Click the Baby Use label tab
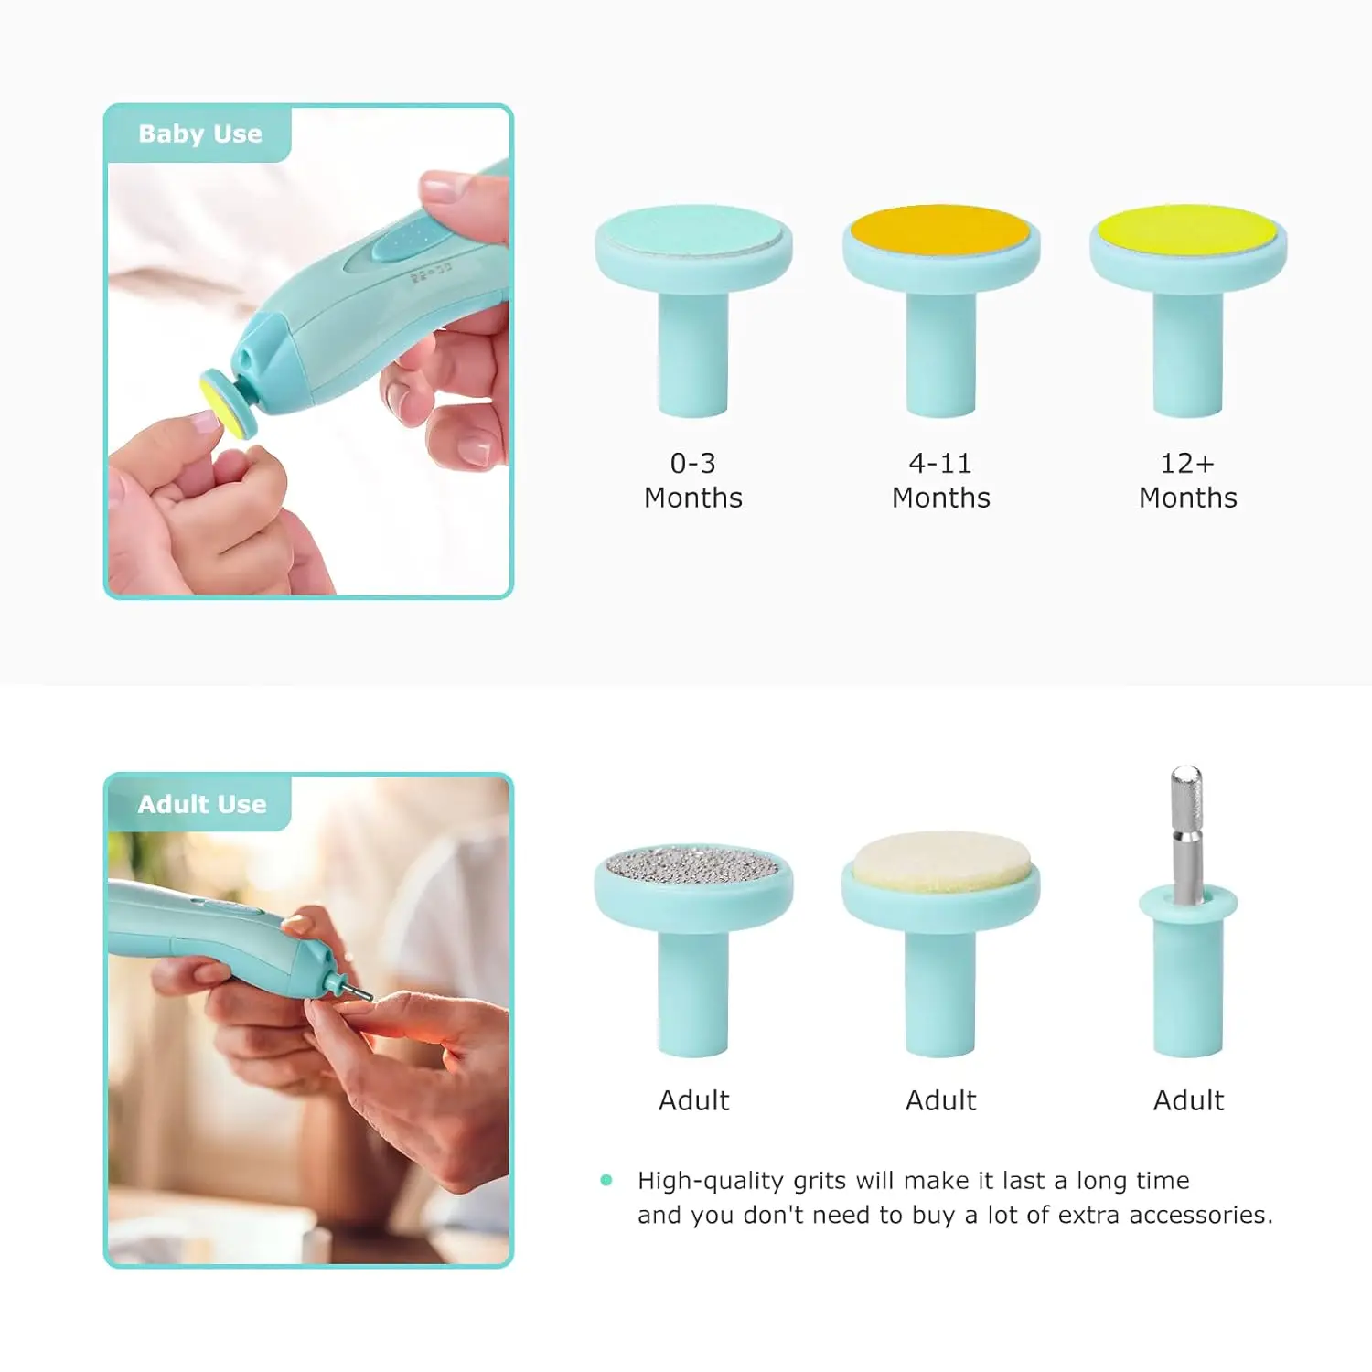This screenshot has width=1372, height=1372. [199, 134]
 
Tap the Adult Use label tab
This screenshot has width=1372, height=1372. [201, 804]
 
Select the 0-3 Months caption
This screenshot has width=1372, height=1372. [693, 480]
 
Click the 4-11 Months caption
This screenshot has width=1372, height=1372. [940, 480]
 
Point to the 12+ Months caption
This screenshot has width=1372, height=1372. [1187, 480]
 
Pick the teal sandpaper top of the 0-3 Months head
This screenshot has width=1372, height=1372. [693, 230]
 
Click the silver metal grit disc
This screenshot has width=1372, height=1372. [693, 864]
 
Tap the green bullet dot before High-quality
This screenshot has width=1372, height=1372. [606, 1180]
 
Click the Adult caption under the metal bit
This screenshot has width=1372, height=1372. [1187, 1100]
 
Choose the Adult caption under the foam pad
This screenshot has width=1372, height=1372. [940, 1100]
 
